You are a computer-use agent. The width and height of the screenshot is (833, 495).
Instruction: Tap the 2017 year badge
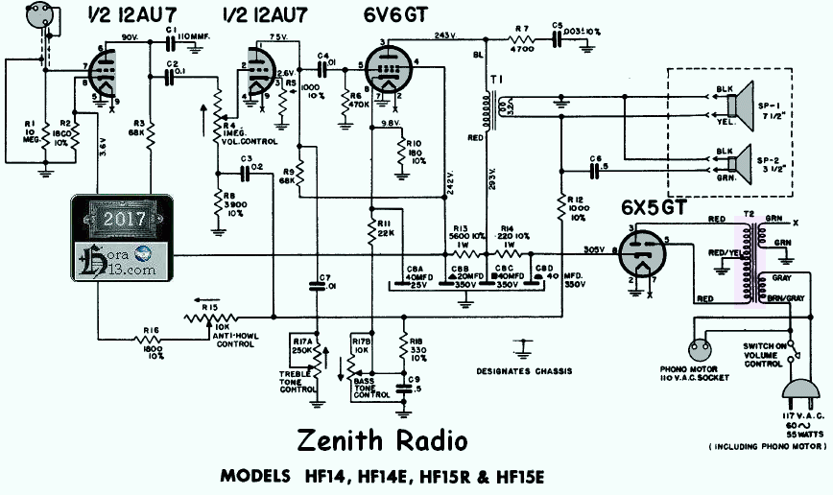(x=124, y=218)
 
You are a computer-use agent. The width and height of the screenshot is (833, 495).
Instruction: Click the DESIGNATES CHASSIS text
(x=524, y=371)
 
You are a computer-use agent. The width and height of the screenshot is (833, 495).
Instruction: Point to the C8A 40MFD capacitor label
(x=416, y=274)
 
